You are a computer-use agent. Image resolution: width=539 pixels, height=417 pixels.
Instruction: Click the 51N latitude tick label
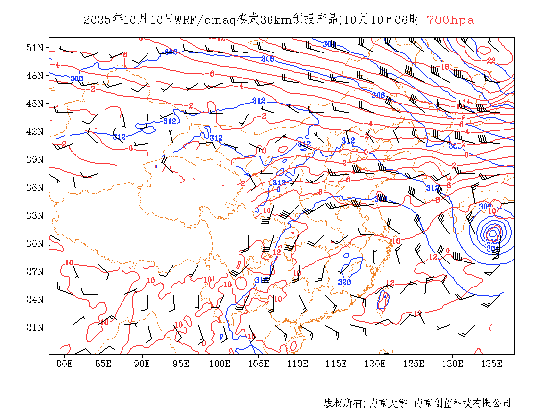[x=36, y=48]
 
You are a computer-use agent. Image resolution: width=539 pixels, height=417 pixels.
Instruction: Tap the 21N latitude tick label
[x=36, y=327]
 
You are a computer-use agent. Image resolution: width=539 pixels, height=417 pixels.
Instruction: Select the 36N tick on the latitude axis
[x=36, y=187]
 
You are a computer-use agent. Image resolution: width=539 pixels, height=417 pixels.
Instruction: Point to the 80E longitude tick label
[x=64, y=364]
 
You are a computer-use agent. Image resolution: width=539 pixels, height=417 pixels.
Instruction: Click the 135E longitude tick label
[x=491, y=364]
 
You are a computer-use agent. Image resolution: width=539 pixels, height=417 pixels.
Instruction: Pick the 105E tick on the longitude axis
[x=259, y=364]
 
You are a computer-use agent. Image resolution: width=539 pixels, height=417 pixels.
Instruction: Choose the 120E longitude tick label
[x=375, y=364]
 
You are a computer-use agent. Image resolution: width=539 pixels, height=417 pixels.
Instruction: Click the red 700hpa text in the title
[x=450, y=20]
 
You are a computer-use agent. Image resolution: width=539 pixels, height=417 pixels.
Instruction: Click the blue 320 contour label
[x=344, y=282]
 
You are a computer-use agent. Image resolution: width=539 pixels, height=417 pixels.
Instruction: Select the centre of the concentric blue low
[x=492, y=234]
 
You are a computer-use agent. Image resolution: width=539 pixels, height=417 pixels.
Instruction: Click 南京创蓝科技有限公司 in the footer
[x=462, y=403]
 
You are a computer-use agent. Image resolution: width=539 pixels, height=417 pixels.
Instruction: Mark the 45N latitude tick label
[x=36, y=104]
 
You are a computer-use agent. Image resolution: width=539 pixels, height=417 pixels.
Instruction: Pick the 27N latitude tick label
[x=36, y=271]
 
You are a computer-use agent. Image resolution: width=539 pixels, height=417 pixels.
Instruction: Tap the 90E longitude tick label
[x=142, y=364]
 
